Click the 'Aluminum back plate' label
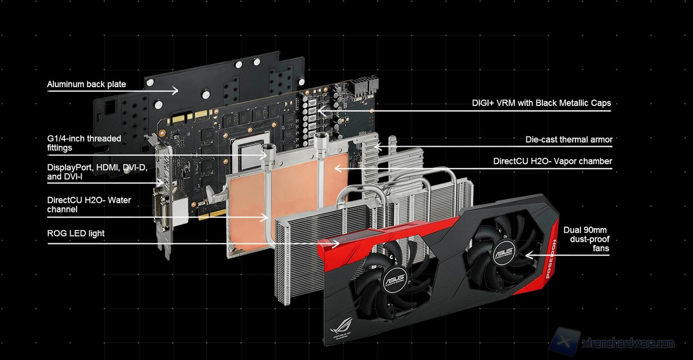click(x=86, y=84)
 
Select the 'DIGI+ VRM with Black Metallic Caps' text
click(x=541, y=103)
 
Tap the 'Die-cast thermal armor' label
click(x=569, y=139)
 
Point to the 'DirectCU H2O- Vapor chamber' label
click(x=552, y=161)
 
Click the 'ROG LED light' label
click(x=76, y=233)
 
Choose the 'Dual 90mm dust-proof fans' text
click(x=586, y=239)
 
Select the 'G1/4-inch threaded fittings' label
click(x=84, y=143)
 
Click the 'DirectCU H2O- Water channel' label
click(x=89, y=204)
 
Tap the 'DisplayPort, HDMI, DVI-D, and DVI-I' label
click(x=97, y=172)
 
